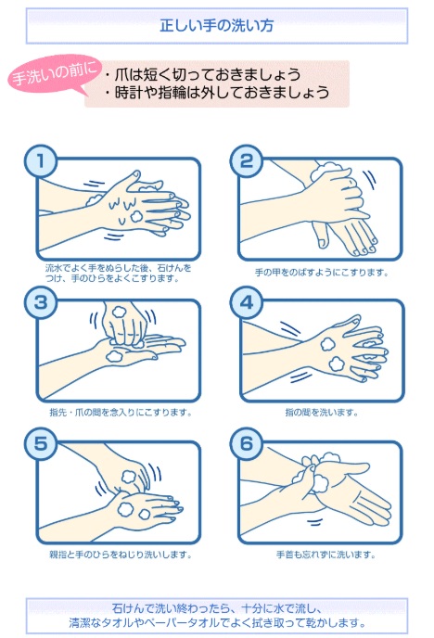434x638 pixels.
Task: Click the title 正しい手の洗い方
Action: click(x=216, y=26)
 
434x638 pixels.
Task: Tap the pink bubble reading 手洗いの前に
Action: click(x=54, y=74)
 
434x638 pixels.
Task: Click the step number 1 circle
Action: click(x=40, y=161)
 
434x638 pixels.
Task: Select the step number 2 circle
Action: click(x=247, y=161)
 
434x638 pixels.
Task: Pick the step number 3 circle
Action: click(x=40, y=302)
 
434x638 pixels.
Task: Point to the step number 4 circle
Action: click(x=247, y=302)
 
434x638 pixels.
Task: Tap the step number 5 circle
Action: click(x=40, y=444)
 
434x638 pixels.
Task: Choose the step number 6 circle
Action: click(x=247, y=444)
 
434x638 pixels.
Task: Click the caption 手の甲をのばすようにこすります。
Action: click(x=322, y=273)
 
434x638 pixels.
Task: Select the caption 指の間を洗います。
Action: click(x=322, y=413)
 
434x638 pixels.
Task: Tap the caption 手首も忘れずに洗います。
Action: click(x=325, y=555)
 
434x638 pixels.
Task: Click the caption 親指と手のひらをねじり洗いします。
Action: click(x=121, y=555)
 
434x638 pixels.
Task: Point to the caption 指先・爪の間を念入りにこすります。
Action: click(x=121, y=413)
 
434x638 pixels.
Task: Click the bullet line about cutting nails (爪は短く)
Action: click(x=202, y=74)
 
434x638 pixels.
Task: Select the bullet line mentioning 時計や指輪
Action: click(x=217, y=93)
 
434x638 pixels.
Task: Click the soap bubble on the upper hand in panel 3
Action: click(x=119, y=313)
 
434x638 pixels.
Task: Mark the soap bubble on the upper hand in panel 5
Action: click(x=130, y=477)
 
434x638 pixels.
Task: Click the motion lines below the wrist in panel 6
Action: click(x=314, y=522)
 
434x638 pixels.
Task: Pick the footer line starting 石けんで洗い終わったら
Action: click(x=216, y=608)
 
